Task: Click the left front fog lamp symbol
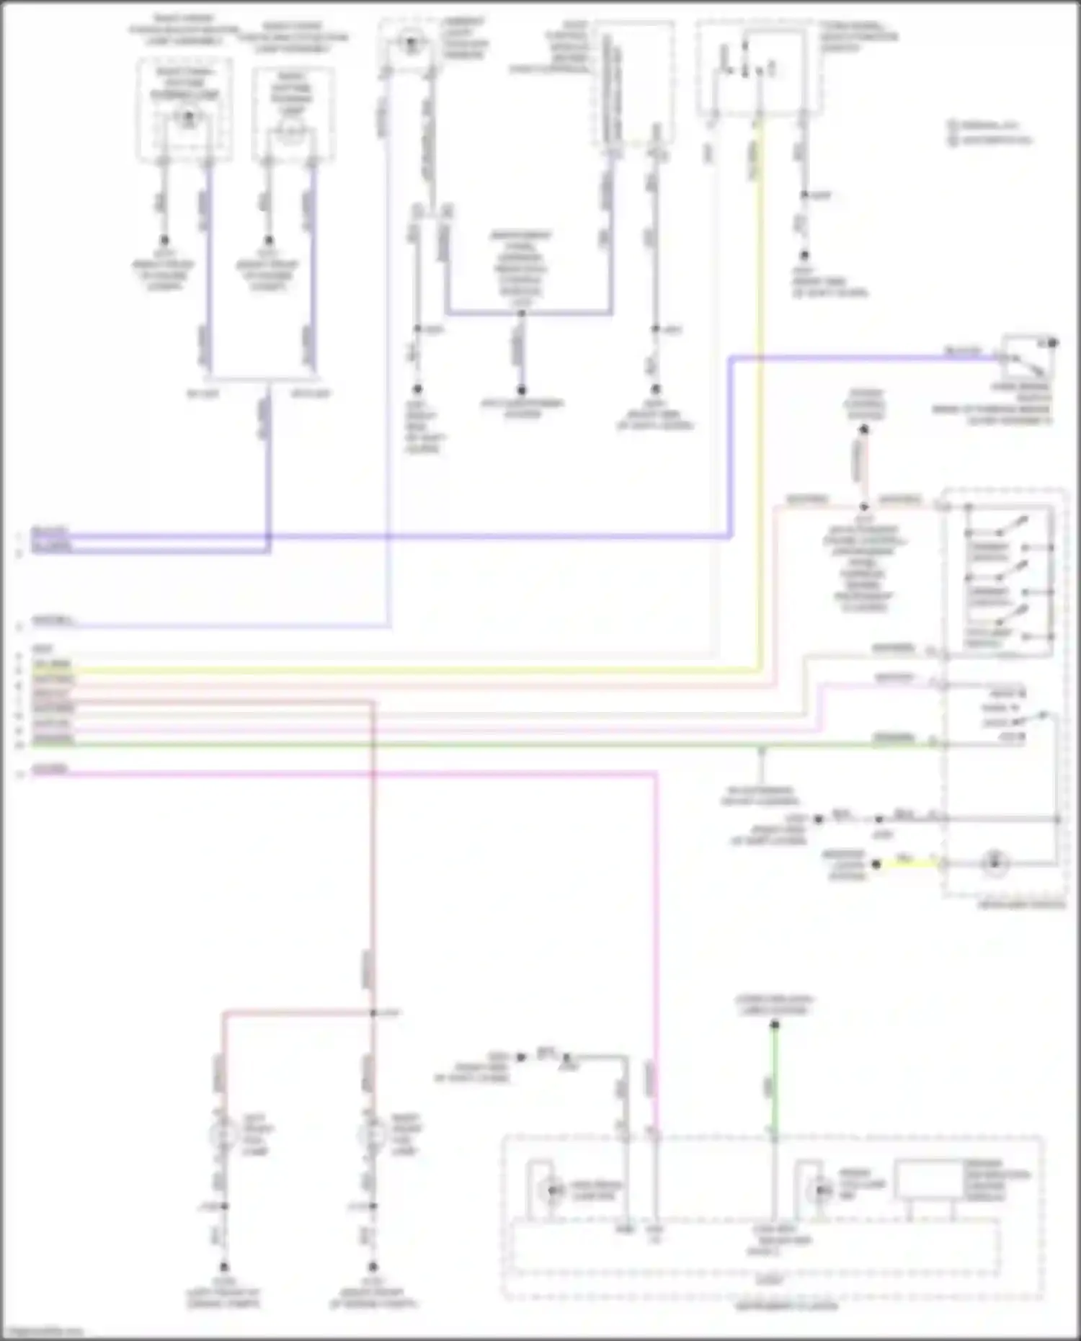point(223,1134)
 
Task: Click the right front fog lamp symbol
point(372,1134)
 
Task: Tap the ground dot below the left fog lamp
point(224,1266)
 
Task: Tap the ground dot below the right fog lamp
point(373,1266)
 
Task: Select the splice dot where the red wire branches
point(373,1013)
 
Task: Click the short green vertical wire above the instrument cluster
point(774,1081)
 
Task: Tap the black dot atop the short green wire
point(775,1024)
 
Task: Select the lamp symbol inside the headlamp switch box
point(995,862)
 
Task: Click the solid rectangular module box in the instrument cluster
point(929,1179)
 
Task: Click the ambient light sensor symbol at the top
point(411,43)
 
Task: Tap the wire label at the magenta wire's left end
point(50,769)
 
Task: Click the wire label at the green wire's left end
point(53,739)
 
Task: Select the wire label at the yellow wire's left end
point(51,664)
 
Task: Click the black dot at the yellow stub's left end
point(876,863)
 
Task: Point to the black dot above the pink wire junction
point(863,430)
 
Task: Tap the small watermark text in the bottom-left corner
point(43,1332)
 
